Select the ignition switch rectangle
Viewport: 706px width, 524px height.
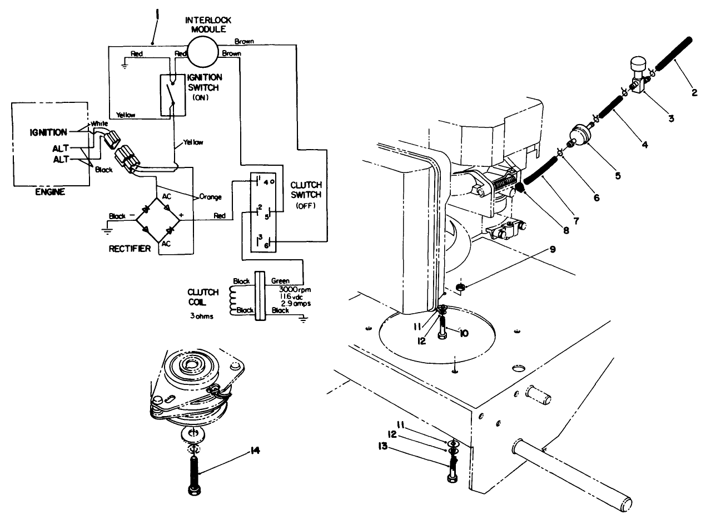pos(173,95)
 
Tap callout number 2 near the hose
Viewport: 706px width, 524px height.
pos(694,93)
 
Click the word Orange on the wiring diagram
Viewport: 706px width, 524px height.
pos(211,196)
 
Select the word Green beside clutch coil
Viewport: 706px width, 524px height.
pos(281,281)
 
